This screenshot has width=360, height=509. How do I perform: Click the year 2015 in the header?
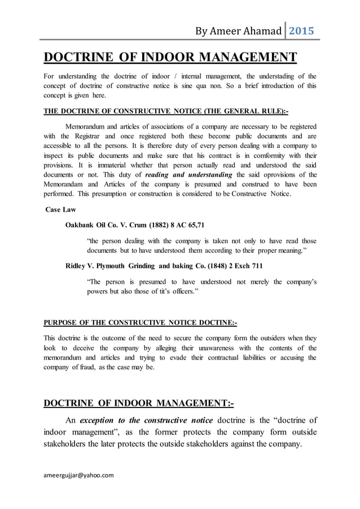pos(301,30)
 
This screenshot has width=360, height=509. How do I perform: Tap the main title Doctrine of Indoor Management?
pos(170,58)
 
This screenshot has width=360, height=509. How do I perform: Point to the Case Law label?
pos(60,209)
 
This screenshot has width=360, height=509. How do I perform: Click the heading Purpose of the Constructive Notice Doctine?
pos(140,323)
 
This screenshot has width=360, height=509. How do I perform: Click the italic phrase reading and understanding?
pos(190,175)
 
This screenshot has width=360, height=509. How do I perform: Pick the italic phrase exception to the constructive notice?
pos(146,420)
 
